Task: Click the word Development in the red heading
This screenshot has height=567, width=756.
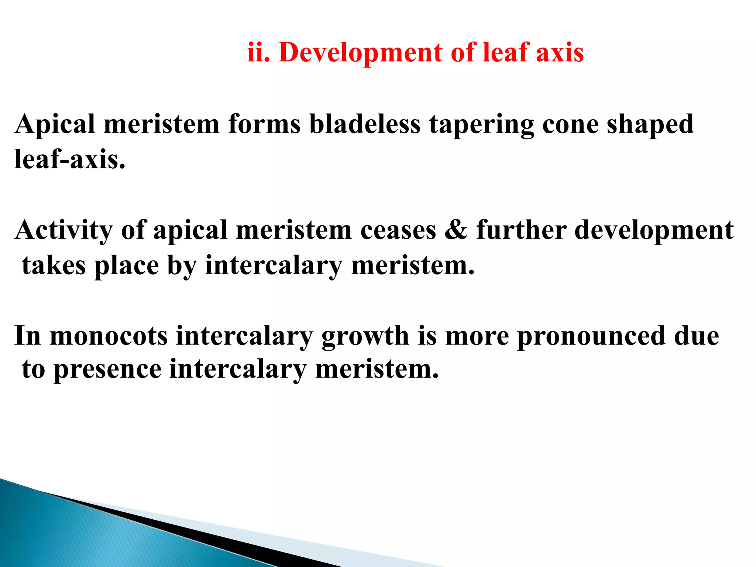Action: pyautogui.click(x=360, y=52)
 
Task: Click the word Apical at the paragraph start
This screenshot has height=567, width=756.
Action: pyautogui.click(x=55, y=125)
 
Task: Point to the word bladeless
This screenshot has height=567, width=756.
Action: pyautogui.click(x=364, y=124)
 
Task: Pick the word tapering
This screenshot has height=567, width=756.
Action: pyautogui.click(x=481, y=125)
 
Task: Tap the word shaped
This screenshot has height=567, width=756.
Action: pyautogui.click(x=650, y=125)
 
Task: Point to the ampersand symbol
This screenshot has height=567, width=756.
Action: pyautogui.click(x=456, y=230)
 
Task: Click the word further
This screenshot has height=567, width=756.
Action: pyautogui.click(x=521, y=230)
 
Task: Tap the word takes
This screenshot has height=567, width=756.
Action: pyautogui.click(x=54, y=265)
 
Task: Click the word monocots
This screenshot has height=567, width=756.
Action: pyautogui.click(x=109, y=336)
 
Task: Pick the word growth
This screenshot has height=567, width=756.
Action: pyautogui.click(x=365, y=336)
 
